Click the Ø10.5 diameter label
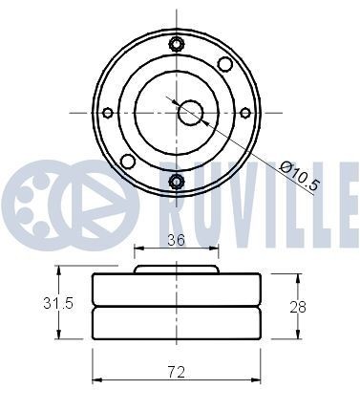click(x=299, y=177)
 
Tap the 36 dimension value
click(x=175, y=242)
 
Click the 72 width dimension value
click(x=176, y=370)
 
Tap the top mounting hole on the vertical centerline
click(x=176, y=43)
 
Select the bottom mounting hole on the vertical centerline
click(x=176, y=182)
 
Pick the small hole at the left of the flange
click(x=108, y=113)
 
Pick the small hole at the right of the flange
click(x=245, y=113)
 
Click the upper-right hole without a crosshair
click(x=224, y=64)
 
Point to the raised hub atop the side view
click(x=176, y=270)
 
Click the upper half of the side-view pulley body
click(x=176, y=289)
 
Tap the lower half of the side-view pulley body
click(x=176, y=321)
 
